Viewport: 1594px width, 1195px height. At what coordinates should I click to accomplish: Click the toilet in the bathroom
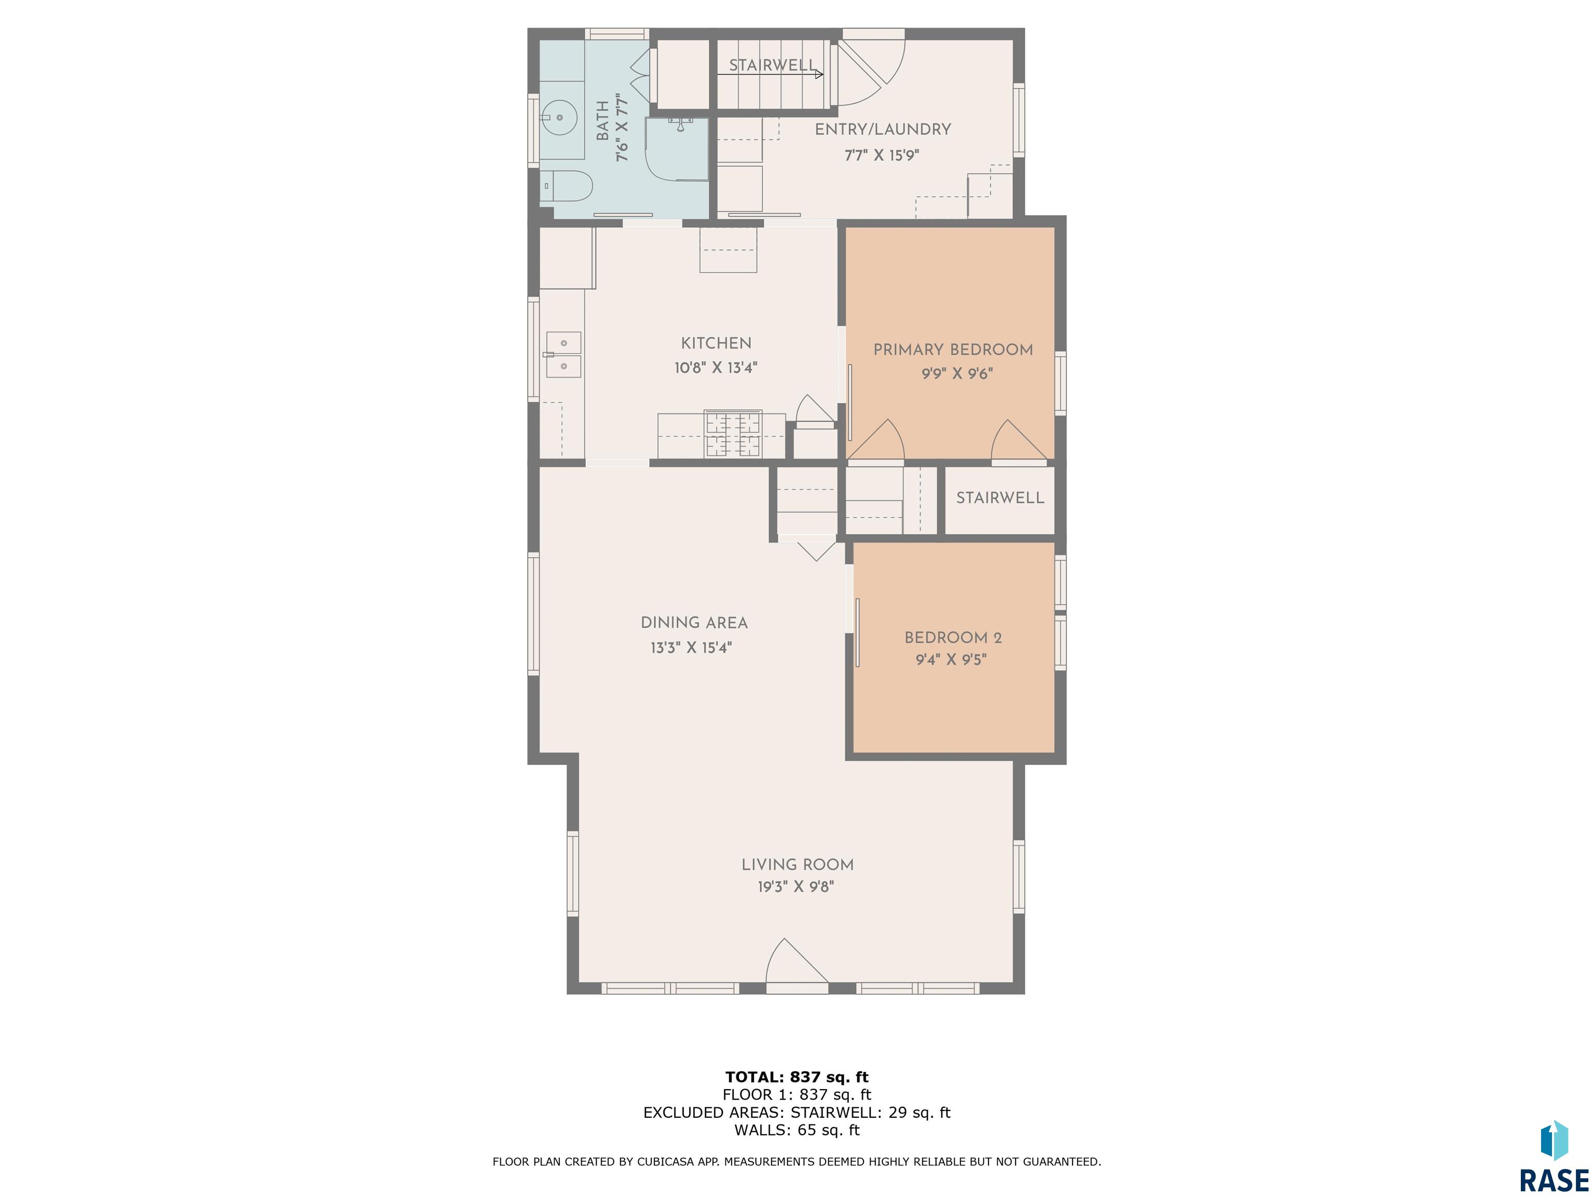tap(567, 186)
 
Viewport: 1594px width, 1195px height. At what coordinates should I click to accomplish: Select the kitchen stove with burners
tap(733, 434)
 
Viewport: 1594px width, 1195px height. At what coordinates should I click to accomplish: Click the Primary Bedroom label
tap(953, 350)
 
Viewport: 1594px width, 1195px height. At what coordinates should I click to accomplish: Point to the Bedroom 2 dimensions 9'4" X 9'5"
tap(951, 660)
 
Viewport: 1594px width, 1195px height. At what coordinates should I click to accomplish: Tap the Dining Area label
tap(694, 623)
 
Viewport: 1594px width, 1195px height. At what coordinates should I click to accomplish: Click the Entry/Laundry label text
tap(883, 130)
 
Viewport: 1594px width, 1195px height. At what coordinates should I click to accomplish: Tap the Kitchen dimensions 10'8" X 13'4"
tap(716, 368)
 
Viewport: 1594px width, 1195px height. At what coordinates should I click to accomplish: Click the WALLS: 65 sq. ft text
tap(796, 1130)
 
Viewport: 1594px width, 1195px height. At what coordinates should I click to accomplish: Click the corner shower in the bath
tap(676, 149)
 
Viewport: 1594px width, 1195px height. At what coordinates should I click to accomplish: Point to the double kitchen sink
tap(563, 354)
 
